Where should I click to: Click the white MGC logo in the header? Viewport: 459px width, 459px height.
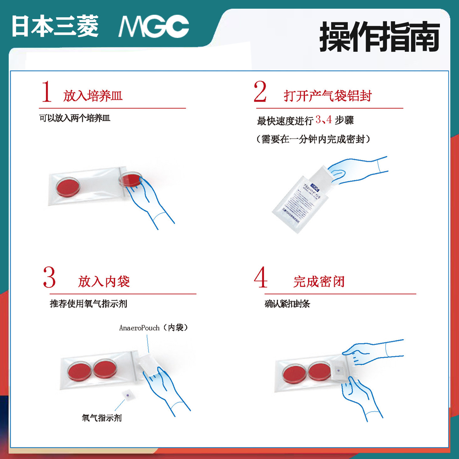154,27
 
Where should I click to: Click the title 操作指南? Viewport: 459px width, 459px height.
379,37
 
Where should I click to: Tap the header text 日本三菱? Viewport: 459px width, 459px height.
55,27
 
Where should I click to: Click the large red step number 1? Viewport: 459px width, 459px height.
47,91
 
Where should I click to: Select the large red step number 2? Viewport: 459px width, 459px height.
260,91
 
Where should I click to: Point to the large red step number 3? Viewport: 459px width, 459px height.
49,277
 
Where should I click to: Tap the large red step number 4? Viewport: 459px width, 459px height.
261,277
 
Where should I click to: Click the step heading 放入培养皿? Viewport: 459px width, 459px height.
93,96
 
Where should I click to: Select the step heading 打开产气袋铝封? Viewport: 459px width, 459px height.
327,96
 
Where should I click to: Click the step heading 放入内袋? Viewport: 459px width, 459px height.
104,281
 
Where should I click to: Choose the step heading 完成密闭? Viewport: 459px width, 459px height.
319,281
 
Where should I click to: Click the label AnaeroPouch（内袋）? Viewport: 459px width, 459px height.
153,328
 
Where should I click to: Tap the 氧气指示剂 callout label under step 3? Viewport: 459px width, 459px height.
102,418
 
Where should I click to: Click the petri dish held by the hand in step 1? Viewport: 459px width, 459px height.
130,180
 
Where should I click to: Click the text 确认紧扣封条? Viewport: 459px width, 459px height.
287,304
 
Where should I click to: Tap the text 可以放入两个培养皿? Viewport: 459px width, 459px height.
75,118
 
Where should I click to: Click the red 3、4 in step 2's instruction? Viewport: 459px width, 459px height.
324,120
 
